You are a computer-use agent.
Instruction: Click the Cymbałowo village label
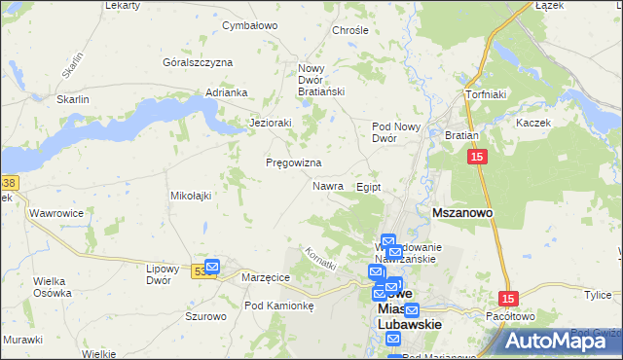pos(251,26)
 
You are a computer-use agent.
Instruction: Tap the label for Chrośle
pos(350,30)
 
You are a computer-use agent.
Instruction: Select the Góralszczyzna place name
pos(198,62)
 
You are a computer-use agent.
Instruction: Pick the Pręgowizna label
pos(293,163)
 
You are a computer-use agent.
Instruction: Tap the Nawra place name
pos(328,186)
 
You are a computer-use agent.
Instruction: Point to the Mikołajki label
pos(191,196)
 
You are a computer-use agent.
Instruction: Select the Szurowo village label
pos(204,316)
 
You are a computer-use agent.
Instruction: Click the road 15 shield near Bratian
pos(476,158)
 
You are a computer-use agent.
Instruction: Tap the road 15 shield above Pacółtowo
pos(508,299)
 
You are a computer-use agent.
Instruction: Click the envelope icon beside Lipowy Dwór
pos(212,266)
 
